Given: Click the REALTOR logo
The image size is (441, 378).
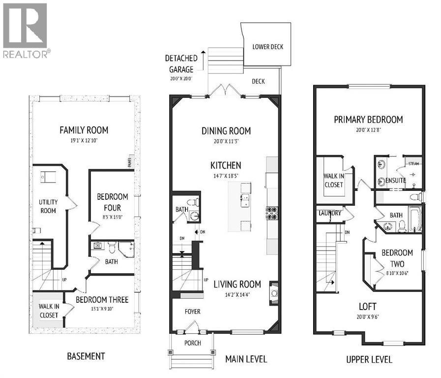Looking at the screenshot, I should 25,30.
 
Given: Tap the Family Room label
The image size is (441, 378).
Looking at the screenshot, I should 84,130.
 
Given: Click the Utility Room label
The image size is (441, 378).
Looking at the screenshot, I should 48,206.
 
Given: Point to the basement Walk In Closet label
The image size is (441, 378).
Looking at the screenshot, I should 49,311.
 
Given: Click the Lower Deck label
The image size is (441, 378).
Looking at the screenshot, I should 268,47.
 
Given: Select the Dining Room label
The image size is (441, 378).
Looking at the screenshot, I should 226,131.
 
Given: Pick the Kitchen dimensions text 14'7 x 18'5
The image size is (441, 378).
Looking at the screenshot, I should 226,175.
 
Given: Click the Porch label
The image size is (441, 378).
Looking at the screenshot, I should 193,343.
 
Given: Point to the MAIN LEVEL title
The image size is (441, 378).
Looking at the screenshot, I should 246,359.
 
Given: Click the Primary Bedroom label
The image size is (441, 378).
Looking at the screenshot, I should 368,120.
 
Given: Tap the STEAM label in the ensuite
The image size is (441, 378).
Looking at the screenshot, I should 412,161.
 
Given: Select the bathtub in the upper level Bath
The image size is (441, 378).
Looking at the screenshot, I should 415,220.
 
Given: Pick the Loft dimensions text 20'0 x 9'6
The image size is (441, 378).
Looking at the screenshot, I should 368,316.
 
